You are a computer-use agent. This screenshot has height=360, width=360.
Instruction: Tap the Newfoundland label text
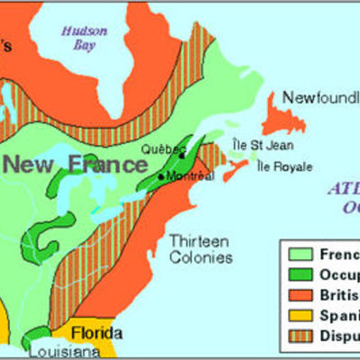click(x=320, y=96)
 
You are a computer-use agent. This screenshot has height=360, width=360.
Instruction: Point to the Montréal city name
click(x=189, y=176)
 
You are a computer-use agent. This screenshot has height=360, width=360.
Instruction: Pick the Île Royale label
click(x=284, y=166)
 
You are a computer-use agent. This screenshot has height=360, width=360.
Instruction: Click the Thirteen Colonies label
click(x=200, y=249)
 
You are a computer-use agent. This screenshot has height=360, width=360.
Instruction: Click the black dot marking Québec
click(x=182, y=155)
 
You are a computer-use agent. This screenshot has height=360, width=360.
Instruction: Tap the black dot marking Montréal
click(x=161, y=176)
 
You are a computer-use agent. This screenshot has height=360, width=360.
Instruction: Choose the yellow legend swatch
click(x=300, y=315)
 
